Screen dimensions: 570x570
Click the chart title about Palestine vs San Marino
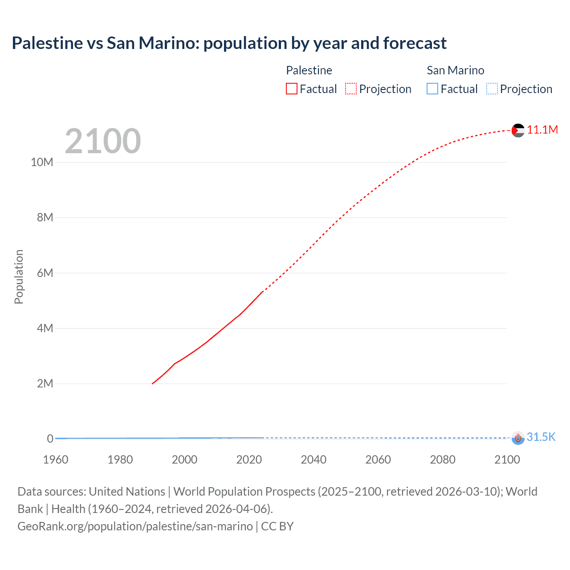[x=229, y=43]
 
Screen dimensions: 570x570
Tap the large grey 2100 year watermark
[x=103, y=141]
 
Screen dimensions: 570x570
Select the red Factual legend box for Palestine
[x=291, y=89]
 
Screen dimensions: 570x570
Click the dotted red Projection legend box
[x=351, y=89]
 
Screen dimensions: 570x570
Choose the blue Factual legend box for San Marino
[x=432, y=89]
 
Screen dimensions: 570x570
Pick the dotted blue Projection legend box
[x=492, y=89]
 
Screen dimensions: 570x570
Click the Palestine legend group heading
[x=309, y=70]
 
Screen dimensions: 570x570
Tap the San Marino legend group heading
[x=455, y=70]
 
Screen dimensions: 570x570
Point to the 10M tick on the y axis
[x=42, y=162]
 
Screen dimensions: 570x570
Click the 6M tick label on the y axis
[x=45, y=273]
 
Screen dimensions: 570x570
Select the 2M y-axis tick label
[x=45, y=383]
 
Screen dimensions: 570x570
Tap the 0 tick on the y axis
[x=50, y=439]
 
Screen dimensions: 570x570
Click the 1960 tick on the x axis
[x=56, y=460]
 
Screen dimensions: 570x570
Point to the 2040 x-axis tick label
[x=313, y=460]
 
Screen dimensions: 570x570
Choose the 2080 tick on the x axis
[x=442, y=460]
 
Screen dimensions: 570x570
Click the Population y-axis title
[x=19, y=277]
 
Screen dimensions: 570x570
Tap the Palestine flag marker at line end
[x=518, y=130]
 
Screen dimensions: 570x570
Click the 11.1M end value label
[x=542, y=130]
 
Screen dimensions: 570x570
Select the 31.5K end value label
[x=541, y=437]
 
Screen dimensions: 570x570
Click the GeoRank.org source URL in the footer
[x=135, y=526]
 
